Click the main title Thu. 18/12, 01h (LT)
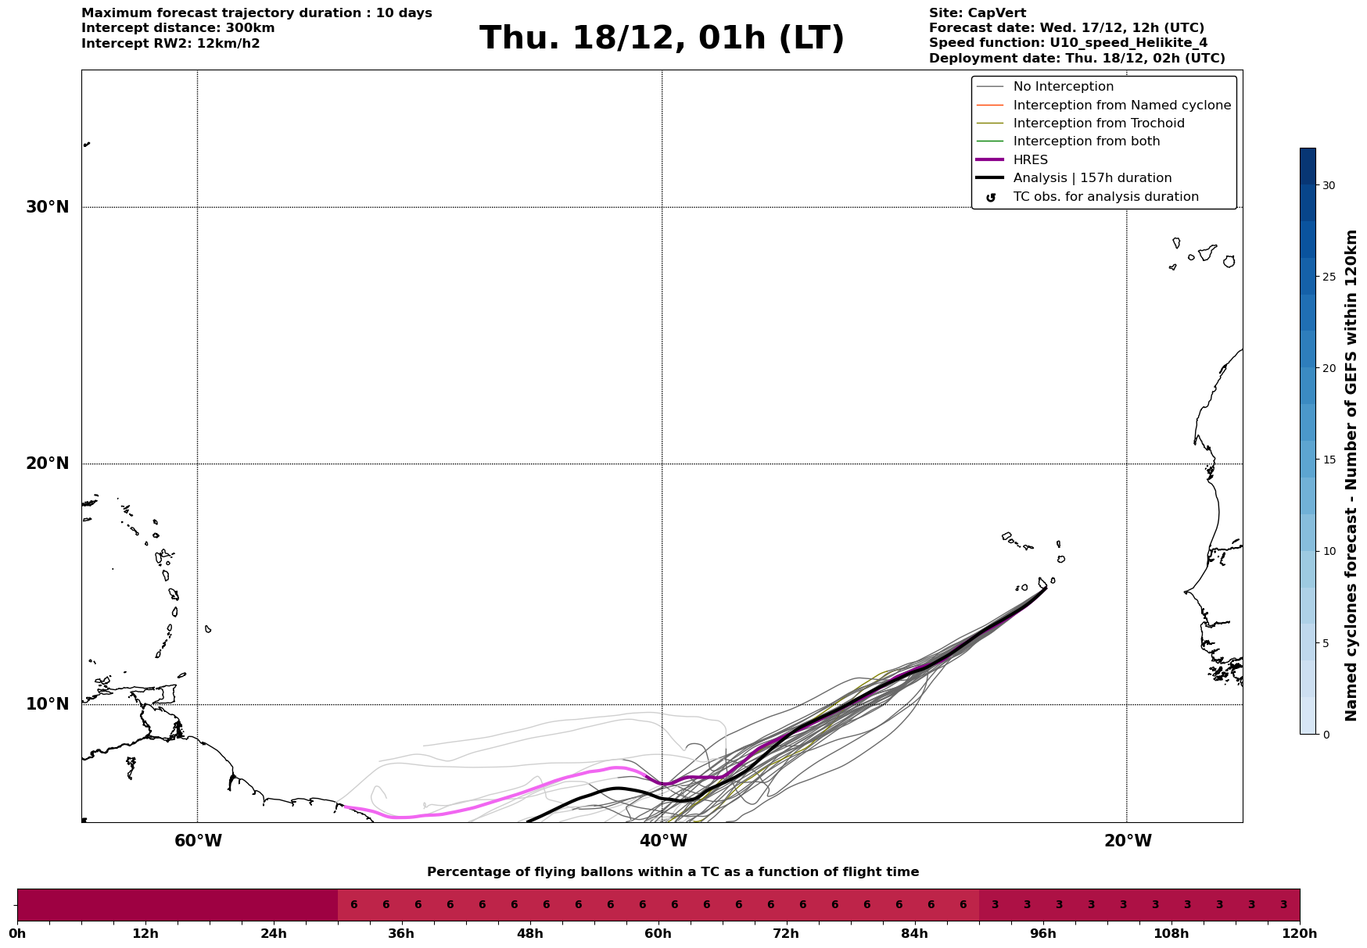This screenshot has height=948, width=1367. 662,38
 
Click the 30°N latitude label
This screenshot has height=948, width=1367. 47,207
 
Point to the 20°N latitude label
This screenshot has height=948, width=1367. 47,463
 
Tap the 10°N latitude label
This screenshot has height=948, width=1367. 47,704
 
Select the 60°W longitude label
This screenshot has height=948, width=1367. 198,841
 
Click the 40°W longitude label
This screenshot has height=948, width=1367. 663,841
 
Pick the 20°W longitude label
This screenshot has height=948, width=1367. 1128,841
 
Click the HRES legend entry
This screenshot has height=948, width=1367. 1030,160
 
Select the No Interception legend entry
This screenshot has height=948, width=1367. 1063,87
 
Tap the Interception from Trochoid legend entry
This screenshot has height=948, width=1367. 1098,123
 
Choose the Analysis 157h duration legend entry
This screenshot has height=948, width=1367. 1092,178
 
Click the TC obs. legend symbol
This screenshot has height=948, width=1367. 991,198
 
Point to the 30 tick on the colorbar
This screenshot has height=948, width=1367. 1329,185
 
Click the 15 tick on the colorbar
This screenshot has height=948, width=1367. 1329,460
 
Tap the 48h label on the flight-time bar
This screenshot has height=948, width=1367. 529,934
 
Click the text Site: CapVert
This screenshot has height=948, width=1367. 978,13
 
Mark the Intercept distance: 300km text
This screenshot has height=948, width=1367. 178,28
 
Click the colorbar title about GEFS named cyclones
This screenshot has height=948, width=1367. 1351,475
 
